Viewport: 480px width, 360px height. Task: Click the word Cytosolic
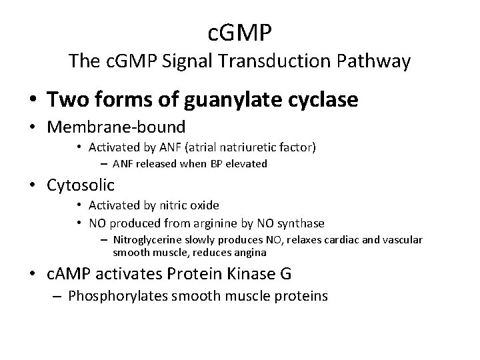(81, 185)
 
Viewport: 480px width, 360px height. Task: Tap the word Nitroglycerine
(147, 239)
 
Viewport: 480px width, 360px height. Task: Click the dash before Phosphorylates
(55, 296)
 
